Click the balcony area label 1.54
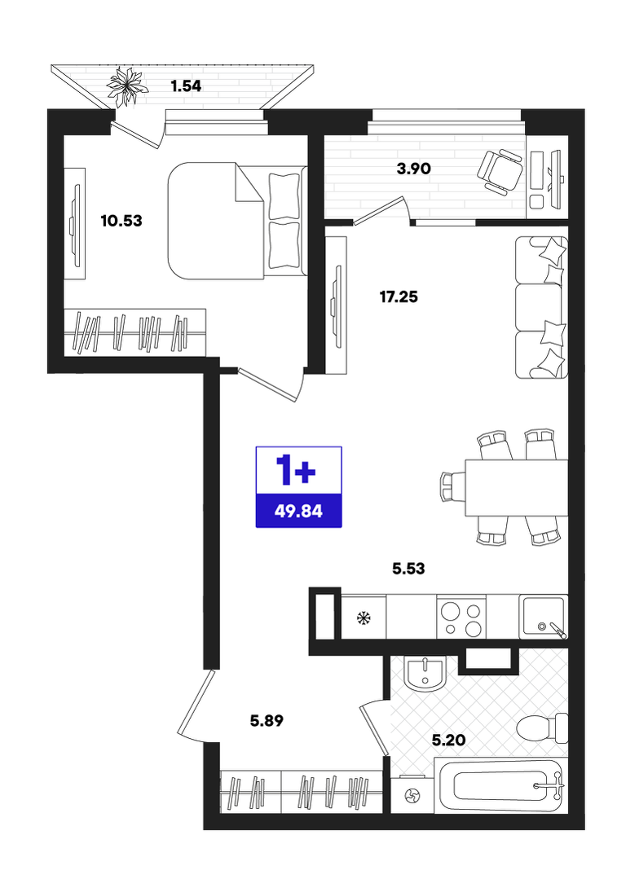point(186,86)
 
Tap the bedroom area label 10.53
point(121,221)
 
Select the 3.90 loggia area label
point(413,168)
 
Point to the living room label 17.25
point(399,297)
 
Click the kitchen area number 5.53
point(408,569)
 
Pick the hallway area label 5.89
point(267,720)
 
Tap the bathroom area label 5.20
point(449,741)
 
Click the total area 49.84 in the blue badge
point(298,512)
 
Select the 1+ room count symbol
point(296,470)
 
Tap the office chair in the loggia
point(500,170)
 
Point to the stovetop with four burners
point(461,617)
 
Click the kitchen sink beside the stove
point(543,617)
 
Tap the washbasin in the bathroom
point(425,673)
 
